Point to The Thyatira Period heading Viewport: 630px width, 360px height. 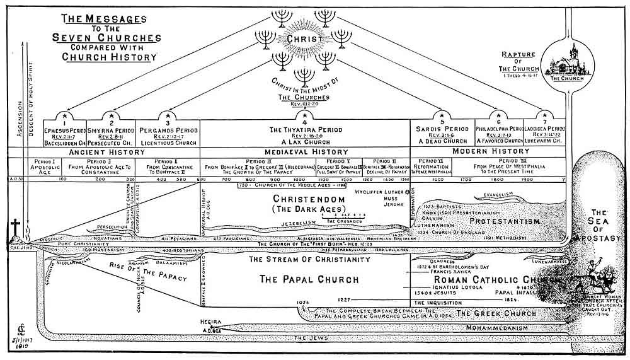coord(305,129)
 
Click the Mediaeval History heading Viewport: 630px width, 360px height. coord(304,152)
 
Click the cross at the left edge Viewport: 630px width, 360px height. coord(14,228)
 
